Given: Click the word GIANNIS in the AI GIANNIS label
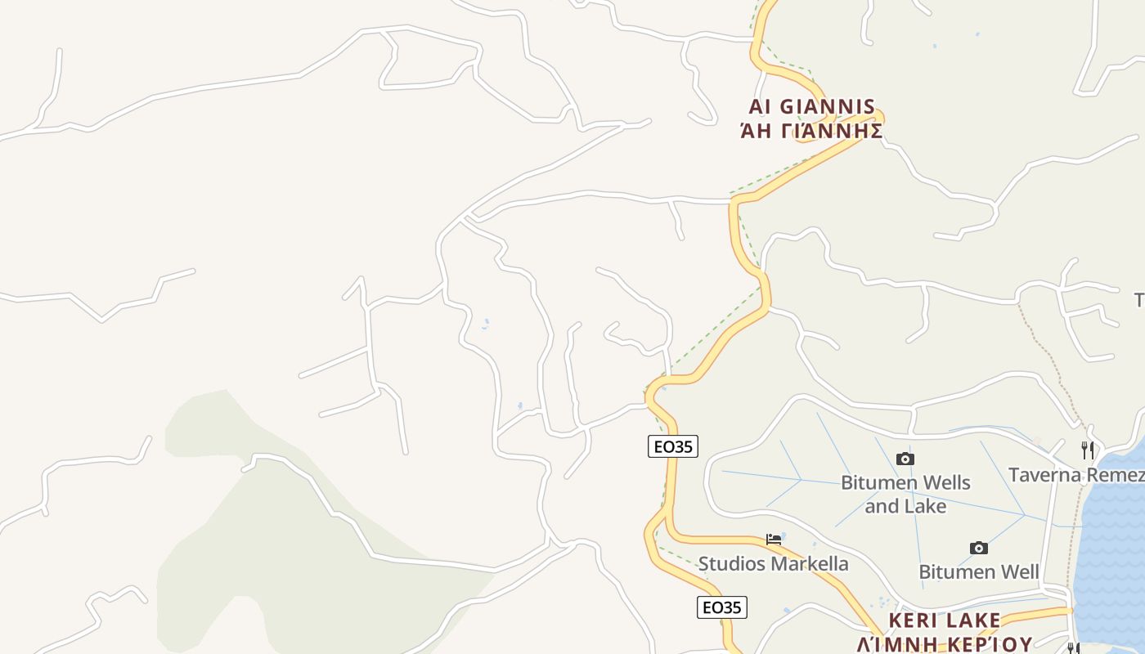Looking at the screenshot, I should click(x=827, y=107).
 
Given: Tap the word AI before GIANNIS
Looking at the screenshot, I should click(x=760, y=107).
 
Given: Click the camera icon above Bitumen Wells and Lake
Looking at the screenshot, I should click(x=905, y=459).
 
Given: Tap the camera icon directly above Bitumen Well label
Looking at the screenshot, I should click(x=978, y=548).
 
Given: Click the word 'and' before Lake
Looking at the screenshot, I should click(x=882, y=506).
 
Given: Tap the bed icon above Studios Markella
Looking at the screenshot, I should click(x=774, y=540).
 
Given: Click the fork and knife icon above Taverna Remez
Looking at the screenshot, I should click(x=1087, y=450).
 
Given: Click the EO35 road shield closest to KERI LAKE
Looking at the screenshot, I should click(x=722, y=607).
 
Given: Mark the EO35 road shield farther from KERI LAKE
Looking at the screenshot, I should click(x=673, y=446).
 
